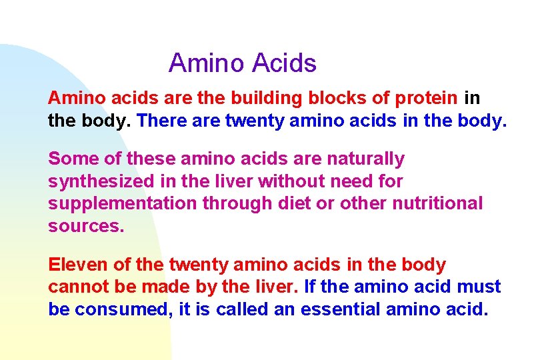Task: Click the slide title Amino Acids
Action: [242, 63]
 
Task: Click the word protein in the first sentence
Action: [426, 99]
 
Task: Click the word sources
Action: [85, 226]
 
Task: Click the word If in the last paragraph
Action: [311, 287]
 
